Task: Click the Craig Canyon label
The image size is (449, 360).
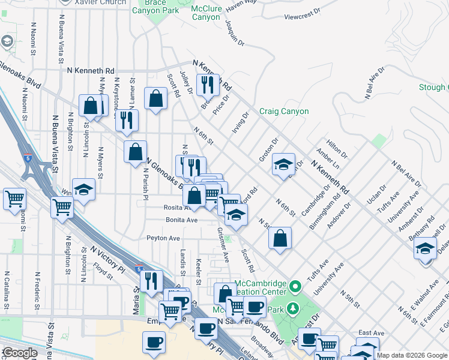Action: [284, 111]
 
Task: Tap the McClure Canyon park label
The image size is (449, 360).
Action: [206, 13]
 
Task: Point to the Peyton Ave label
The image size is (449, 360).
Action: [163, 238]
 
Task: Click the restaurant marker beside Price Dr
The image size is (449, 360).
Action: [208, 85]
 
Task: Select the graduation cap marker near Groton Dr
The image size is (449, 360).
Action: [283, 165]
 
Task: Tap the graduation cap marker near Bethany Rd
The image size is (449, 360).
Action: [426, 249]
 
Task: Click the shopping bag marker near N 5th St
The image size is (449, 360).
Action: [280, 238]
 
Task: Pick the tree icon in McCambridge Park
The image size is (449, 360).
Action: [294, 308]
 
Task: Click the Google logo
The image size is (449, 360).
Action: [19, 353]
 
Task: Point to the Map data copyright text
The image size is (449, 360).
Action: [412, 355]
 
